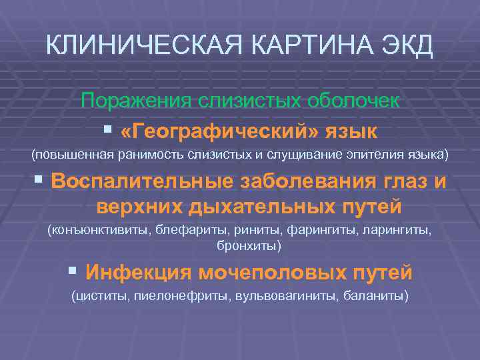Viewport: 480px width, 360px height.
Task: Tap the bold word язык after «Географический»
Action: (351, 128)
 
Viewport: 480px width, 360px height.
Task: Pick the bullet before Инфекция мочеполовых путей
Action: (73, 271)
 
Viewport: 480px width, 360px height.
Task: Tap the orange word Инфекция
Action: (138, 272)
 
